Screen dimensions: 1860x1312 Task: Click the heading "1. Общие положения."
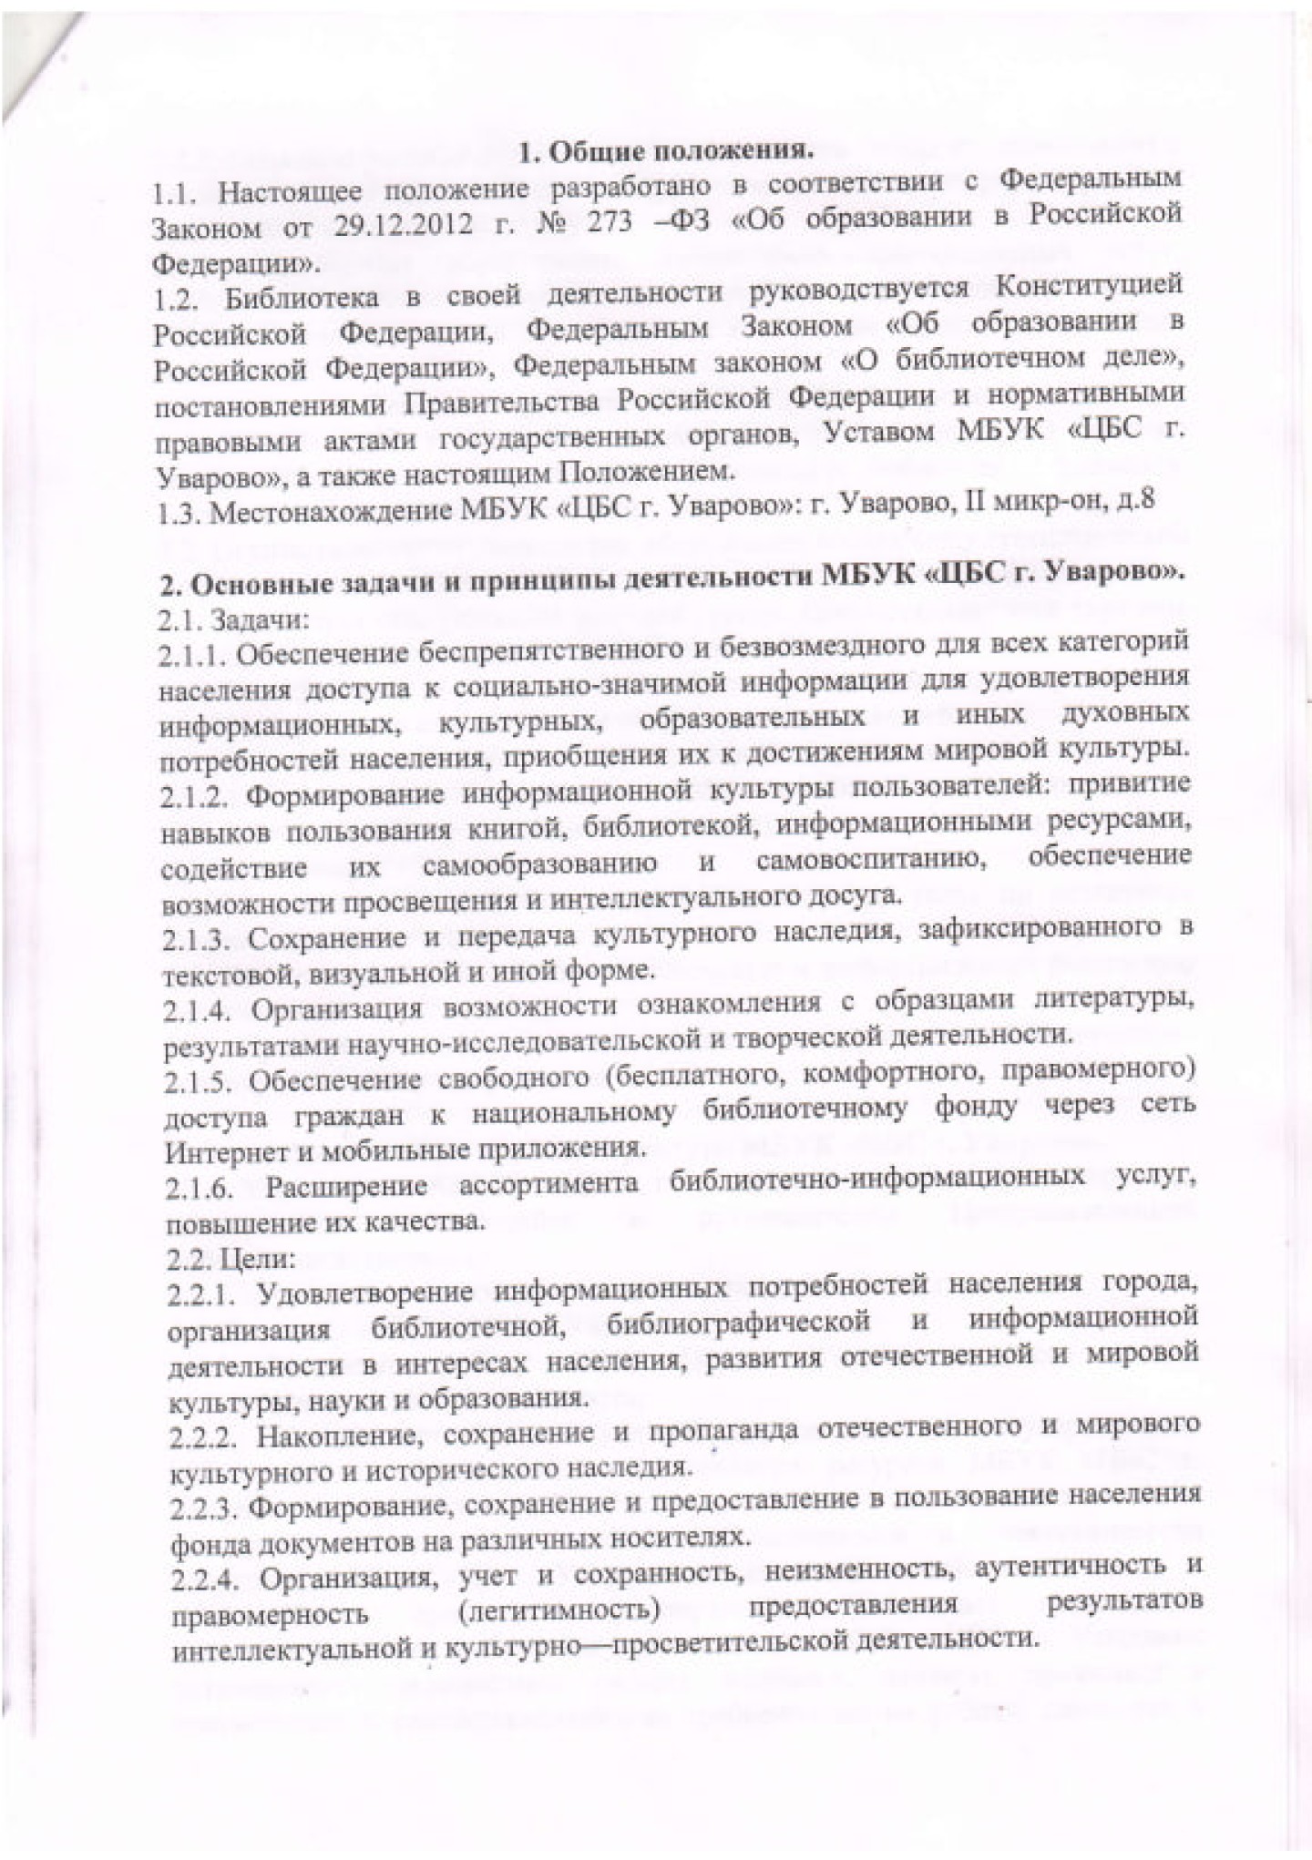[665, 151]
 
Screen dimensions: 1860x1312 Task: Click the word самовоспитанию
[873, 861]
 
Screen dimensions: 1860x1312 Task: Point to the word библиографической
[738, 1323]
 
